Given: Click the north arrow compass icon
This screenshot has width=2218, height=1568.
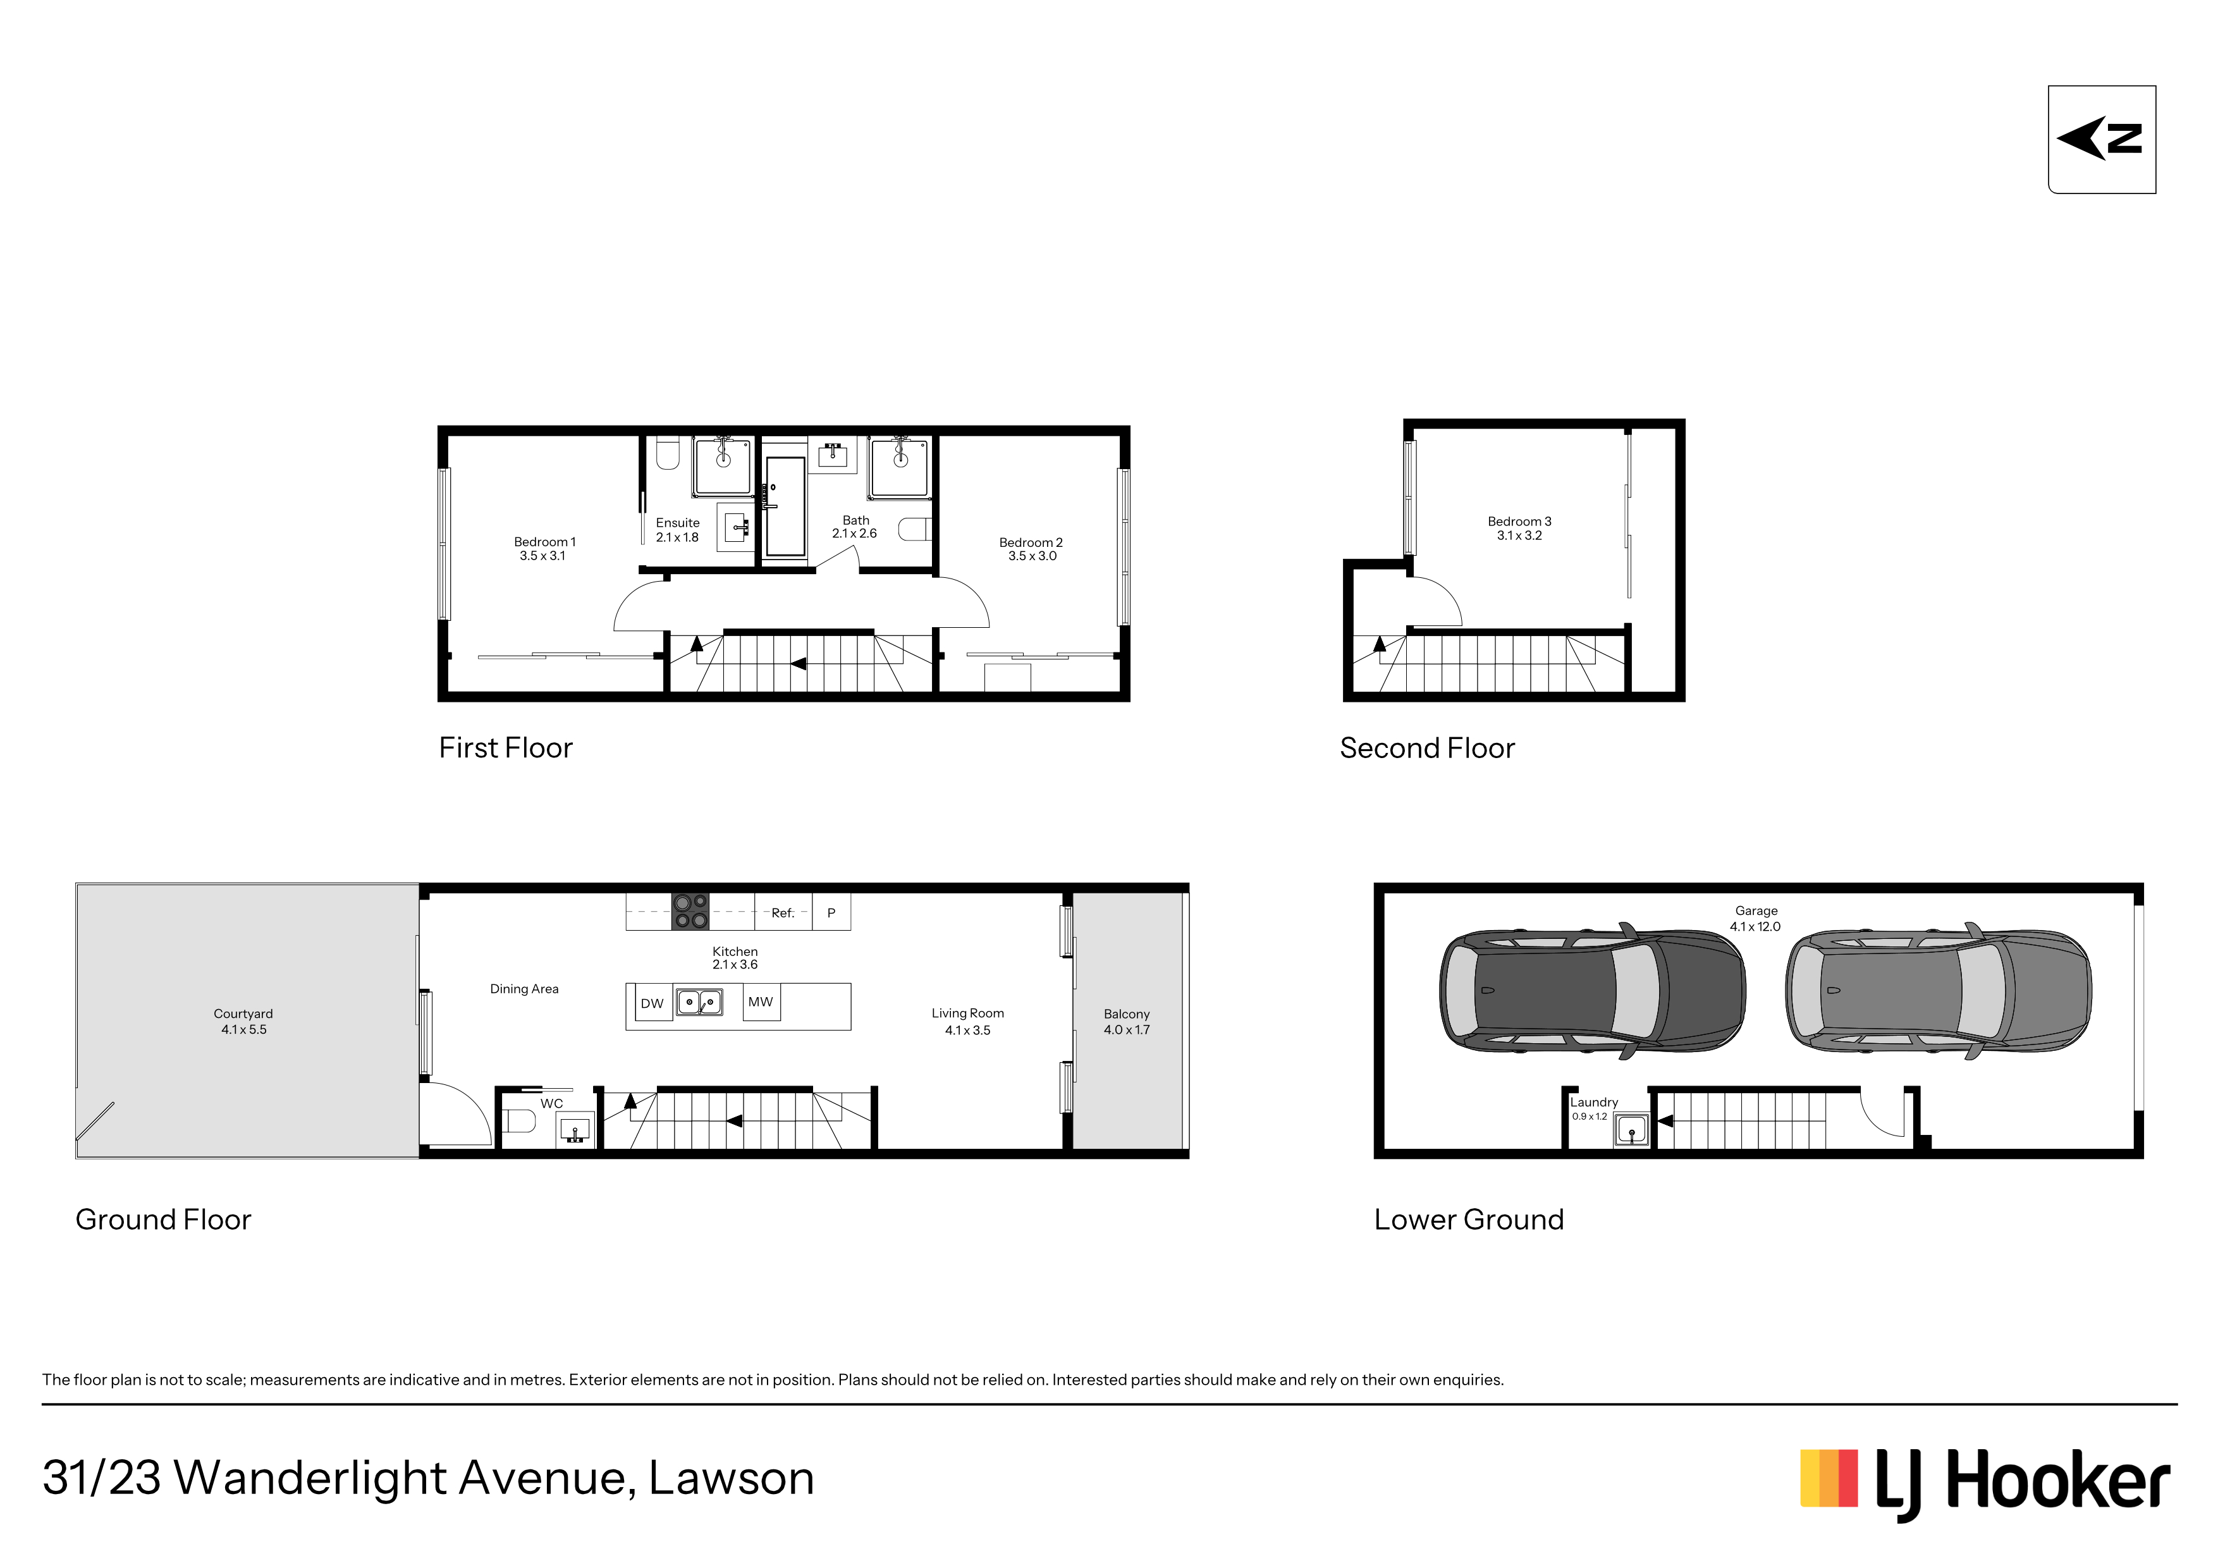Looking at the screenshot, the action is point(2101,139).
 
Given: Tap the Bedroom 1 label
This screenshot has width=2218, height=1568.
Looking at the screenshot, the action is point(544,542).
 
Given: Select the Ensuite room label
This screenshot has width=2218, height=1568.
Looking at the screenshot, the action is point(677,523).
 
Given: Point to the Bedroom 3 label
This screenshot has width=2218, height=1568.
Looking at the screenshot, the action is point(1519,522).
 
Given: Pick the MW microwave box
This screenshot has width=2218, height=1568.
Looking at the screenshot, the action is point(760,1002).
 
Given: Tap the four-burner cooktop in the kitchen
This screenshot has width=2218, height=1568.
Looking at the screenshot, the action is point(690,912).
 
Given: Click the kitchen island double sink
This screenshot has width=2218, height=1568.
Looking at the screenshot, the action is point(699,1002).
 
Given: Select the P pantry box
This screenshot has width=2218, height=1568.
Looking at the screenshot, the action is point(831,912).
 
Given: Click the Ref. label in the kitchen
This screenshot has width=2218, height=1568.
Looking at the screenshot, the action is point(783,913).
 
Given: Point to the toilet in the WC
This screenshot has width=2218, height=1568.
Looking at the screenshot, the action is point(518,1121).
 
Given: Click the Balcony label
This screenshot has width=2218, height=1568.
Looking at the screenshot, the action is point(1127,1014).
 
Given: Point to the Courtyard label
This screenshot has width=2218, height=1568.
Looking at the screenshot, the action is point(243,1014).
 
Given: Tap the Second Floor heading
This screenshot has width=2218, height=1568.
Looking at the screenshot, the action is point(1427,748).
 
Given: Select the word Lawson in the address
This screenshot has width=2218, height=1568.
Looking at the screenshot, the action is point(732,1478).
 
